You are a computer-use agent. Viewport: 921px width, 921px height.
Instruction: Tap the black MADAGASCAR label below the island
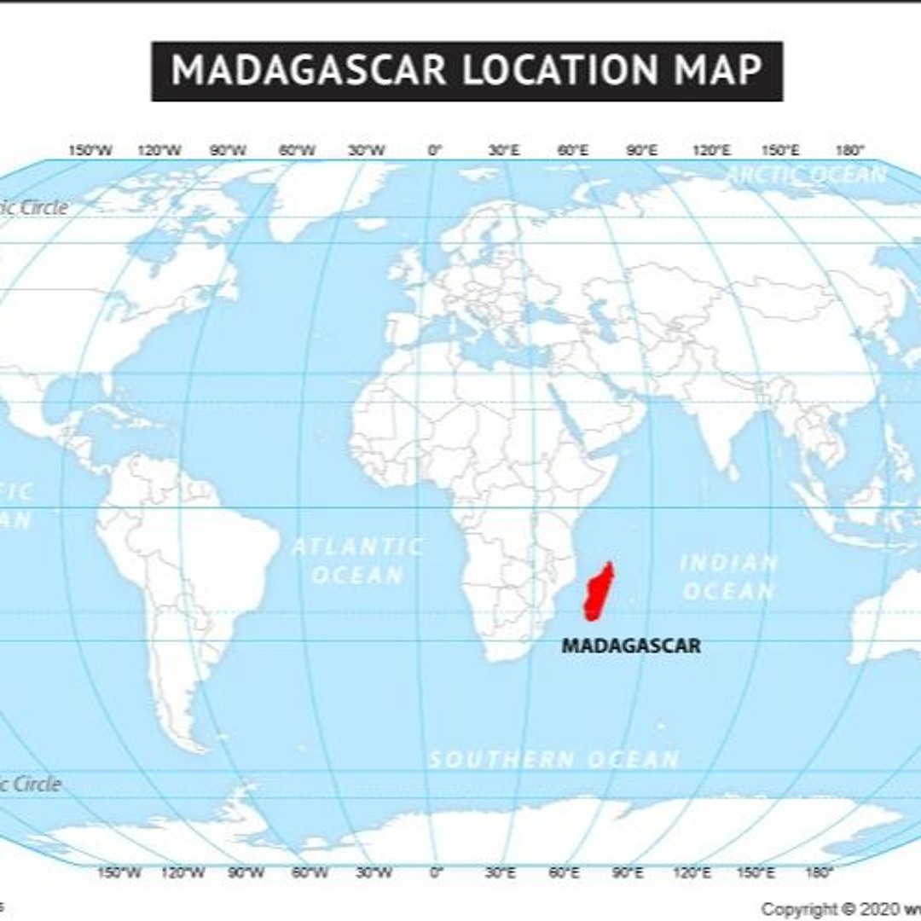[x=631, y=646]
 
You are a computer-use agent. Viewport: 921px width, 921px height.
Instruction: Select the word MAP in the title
[x=719, y=70]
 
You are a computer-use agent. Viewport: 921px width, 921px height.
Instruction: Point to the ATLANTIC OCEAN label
[x=358, y=560]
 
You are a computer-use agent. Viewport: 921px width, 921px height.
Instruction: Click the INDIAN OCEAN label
[x=729, y=576]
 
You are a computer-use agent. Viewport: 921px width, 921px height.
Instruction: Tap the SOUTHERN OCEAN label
[x=554, y=758]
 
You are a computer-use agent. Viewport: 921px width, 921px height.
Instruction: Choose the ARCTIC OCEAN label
[x=808, y=175]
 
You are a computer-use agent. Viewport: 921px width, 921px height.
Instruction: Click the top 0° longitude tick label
[x=435, y=151]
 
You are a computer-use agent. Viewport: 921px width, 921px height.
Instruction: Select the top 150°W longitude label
[x=90, y=151]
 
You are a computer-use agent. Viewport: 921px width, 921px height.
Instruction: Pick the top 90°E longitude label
[x=642, y=151]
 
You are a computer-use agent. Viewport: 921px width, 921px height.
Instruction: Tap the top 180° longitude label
[x=849, y=151]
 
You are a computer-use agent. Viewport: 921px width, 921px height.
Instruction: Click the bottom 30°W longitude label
[x=374, y=872]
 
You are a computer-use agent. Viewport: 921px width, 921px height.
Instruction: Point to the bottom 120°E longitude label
[x=692, y=872]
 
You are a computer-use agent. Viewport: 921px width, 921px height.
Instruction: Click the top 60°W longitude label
[x=297, y=151]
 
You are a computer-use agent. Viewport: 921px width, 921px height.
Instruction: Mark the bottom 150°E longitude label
[x=756, y=872]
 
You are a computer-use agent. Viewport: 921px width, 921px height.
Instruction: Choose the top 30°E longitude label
[x=504, y=151]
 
